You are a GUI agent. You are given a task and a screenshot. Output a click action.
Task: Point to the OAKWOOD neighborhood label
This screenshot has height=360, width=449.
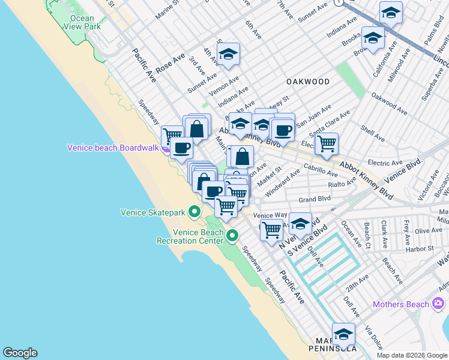308,82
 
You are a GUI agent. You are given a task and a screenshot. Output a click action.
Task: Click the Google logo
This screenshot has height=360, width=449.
20,353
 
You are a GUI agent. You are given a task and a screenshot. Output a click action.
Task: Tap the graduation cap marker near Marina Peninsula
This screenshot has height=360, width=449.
343,334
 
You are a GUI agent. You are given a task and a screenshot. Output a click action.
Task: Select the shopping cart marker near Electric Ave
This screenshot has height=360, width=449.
327,143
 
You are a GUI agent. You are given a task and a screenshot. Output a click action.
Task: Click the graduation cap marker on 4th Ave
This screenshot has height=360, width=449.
228,55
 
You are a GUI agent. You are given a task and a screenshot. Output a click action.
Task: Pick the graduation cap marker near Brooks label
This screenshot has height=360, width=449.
373,38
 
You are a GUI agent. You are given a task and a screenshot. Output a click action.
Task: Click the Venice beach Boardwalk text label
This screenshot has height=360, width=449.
113,148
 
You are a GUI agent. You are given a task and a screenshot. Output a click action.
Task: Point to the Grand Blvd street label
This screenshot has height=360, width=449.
315,199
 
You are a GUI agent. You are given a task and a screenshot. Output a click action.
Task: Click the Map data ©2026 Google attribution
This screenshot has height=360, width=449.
412,355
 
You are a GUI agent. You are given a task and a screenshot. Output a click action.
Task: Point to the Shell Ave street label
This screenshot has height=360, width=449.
372,134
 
